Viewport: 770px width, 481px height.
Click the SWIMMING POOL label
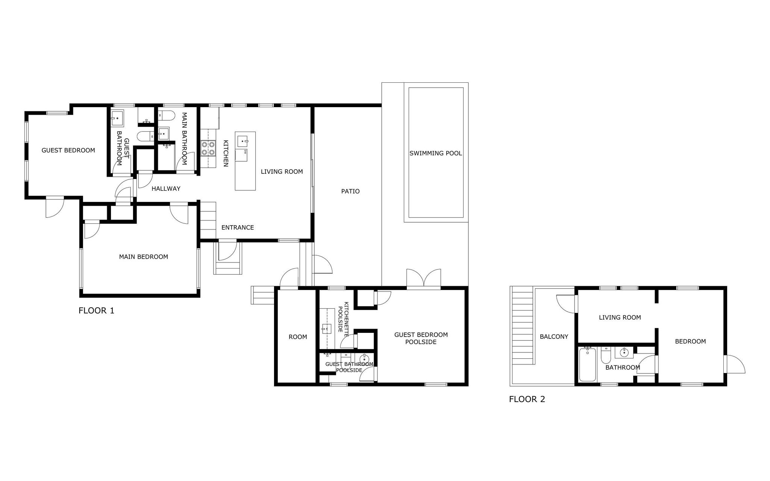click(435, 153)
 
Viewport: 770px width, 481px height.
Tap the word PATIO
click(350, 191)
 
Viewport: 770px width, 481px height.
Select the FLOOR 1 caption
click(96, 311)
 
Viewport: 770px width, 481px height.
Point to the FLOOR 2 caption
click(527, 399)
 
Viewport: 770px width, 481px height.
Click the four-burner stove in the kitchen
click(208, 148)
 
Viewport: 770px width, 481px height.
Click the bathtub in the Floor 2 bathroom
click(588, 364)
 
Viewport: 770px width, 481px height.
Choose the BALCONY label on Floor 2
click(554, 337)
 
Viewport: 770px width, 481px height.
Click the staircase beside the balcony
click(523, 325)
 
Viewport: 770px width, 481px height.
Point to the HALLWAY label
click(166, 189)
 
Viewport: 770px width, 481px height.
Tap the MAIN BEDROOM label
click(143, 257)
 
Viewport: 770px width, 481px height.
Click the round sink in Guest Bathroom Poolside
click(364, 359)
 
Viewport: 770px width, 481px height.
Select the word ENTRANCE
click(238, 228)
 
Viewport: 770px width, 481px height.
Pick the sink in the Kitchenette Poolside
click(327, 329)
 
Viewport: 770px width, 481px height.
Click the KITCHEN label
click(226, 153)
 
